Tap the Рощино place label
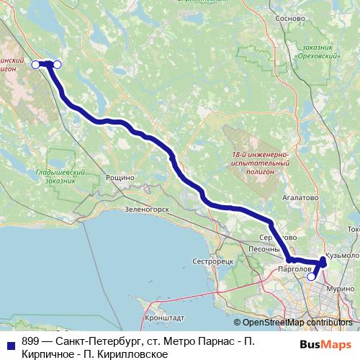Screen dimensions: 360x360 [120, 177]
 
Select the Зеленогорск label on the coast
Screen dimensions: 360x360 [146, 210]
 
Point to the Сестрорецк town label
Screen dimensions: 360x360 [213, 261]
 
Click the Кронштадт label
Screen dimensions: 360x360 [164, 317]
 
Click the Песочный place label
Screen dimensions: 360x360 [264, 249]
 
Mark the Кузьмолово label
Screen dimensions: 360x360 [342, 255]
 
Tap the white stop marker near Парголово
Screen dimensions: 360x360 [311, 276]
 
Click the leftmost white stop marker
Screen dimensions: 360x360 [35, 65]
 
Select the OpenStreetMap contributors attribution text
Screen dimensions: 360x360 [297, 322]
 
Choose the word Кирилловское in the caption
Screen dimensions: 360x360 [133, 354]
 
